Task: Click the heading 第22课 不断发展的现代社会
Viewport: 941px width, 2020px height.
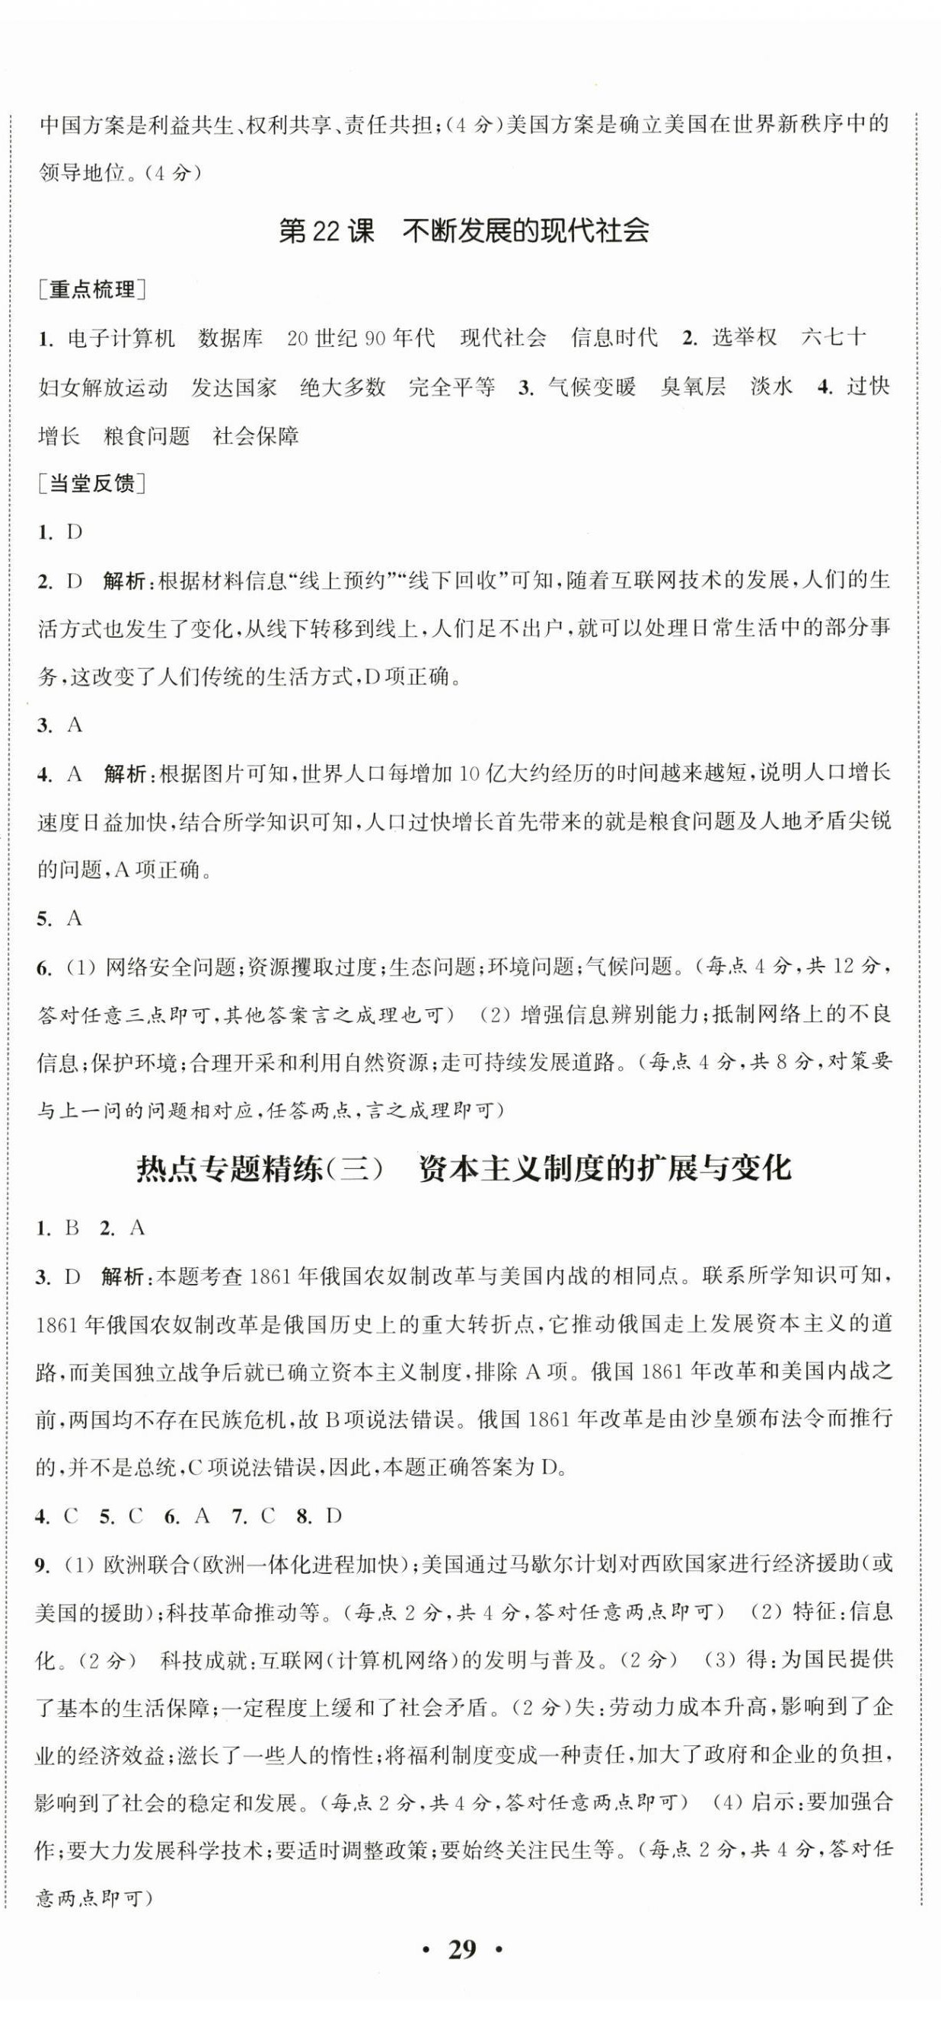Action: (x=464, y=231)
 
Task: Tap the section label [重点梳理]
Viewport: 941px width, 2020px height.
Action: (x=92, y=290)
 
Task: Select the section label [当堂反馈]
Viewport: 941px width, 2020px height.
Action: (x=92, y=484)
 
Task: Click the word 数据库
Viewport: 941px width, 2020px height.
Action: (x=231, y=338)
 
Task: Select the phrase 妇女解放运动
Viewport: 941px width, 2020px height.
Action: (x=103, y=387)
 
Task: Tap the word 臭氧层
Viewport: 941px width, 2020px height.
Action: (x=692, y=387)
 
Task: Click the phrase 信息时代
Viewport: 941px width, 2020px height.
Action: (x=614, y=338)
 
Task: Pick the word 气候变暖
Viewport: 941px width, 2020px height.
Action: (x=592, y=387)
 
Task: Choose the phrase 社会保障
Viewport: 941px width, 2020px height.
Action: (x=256, y=436)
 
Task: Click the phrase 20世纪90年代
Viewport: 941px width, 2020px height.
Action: (x=361, y=338)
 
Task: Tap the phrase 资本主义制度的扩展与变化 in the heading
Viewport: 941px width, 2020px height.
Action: (x=604, y=1168)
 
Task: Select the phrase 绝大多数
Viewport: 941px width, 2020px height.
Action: (x=343, y=387)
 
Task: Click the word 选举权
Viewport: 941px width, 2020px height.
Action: (x=744, y=338)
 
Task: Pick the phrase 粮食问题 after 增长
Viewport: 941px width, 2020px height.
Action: (x=147, y=436)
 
